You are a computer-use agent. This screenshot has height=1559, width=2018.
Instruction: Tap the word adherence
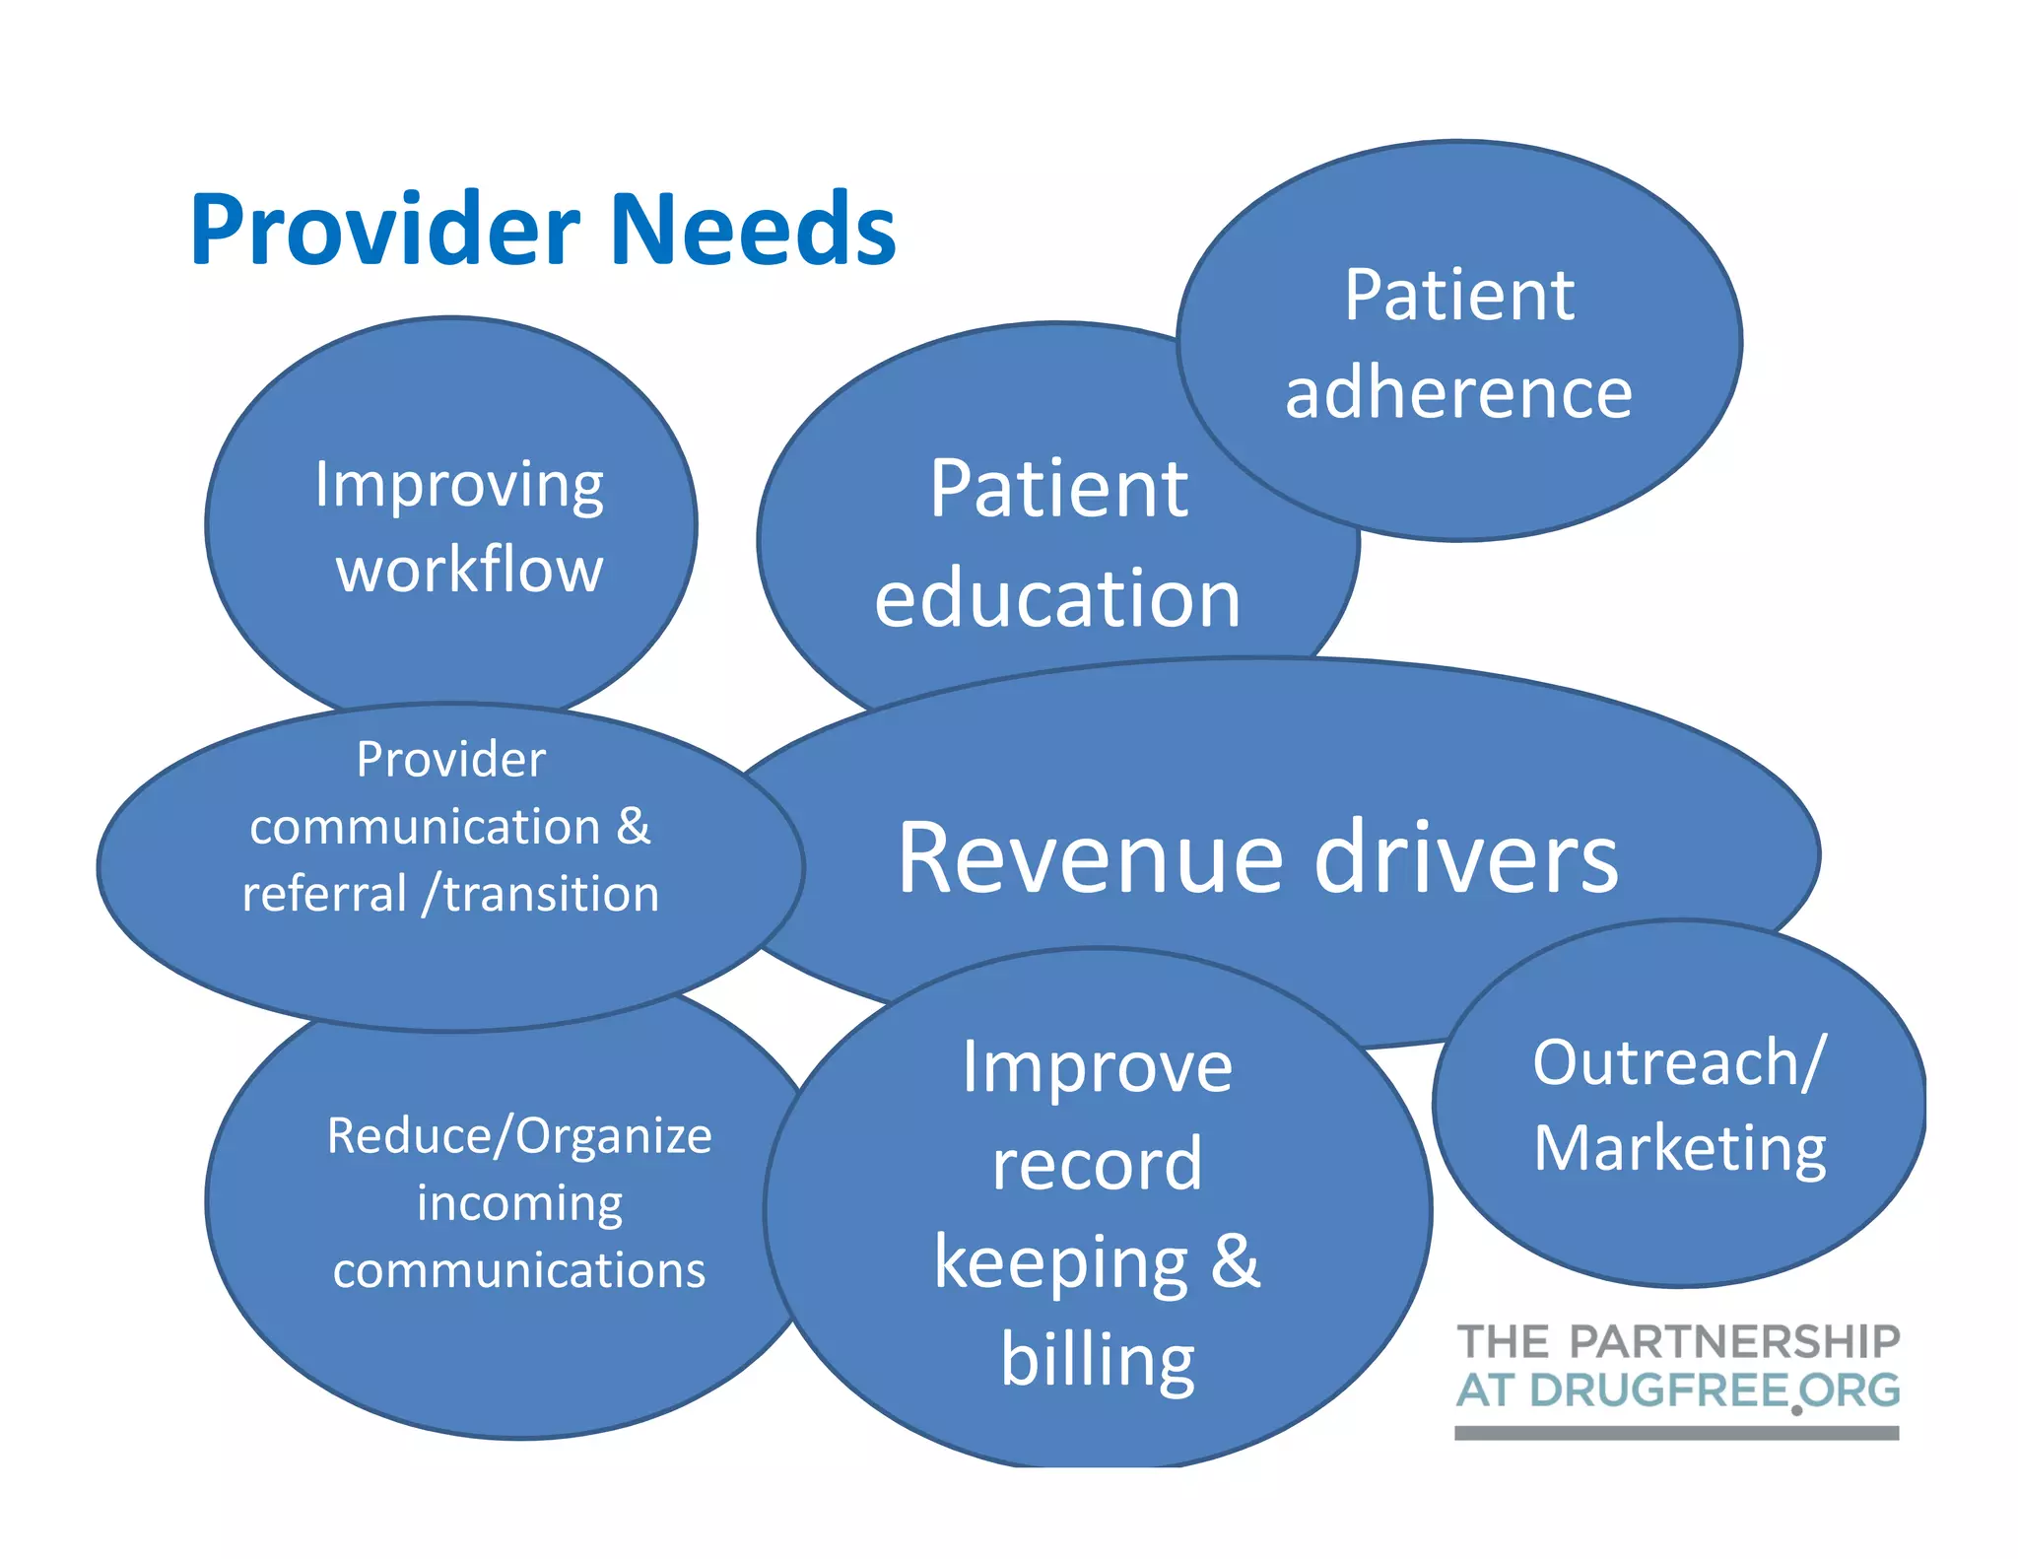tap(1458, 393)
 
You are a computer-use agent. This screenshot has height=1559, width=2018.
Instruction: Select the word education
tap(1056, 598)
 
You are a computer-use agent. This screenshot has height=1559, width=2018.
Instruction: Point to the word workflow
tap(469, 570)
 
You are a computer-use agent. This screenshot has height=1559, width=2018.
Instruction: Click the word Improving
tap(459, 487)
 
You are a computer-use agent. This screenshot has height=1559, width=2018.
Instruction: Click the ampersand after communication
tap(634, 826)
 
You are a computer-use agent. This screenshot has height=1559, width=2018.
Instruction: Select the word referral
tap(324, 894)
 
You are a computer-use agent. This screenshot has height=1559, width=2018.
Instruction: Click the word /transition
tap(540, 894)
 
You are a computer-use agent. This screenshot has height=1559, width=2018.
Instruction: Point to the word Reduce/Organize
tap(519, 1135)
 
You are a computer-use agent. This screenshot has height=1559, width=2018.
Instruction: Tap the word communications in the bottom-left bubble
tap(519, 1270)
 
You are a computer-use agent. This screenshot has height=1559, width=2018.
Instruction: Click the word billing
tap(1098, 1360)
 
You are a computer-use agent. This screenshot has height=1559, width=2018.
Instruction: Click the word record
tap(1097, 1165)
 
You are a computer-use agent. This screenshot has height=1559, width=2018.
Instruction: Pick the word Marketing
tap(1680, 1149)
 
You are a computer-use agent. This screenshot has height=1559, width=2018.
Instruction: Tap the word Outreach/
tap(1680, 1063)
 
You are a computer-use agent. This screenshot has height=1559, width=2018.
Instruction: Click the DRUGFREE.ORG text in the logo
tap(1715, 1390)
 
